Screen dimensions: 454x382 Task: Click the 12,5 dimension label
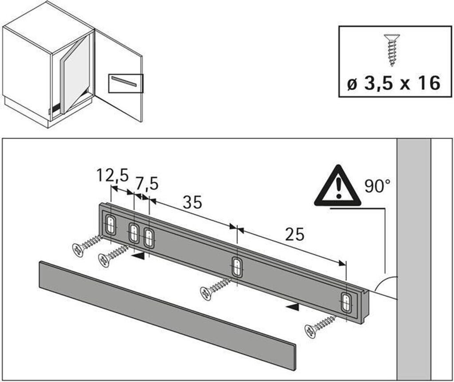coord(112,175)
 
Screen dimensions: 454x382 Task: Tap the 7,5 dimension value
coord(147,184)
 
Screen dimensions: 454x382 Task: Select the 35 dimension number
coord(192,202)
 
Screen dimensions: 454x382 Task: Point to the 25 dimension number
coord(295,234)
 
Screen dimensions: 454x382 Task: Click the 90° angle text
coord(377,186)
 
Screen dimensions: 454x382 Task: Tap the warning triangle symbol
coord(337,186)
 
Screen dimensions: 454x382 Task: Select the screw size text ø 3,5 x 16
coord(394,83)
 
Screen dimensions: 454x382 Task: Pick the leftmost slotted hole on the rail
coord(110,224)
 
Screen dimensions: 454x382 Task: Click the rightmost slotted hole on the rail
coord(346,303)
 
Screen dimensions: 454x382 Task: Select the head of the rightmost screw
coord(310,331)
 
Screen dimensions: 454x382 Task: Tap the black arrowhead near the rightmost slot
coord(293,307)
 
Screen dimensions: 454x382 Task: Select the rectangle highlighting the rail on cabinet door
coord(126,84)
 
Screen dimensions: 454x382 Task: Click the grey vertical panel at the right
coord(414,259)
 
